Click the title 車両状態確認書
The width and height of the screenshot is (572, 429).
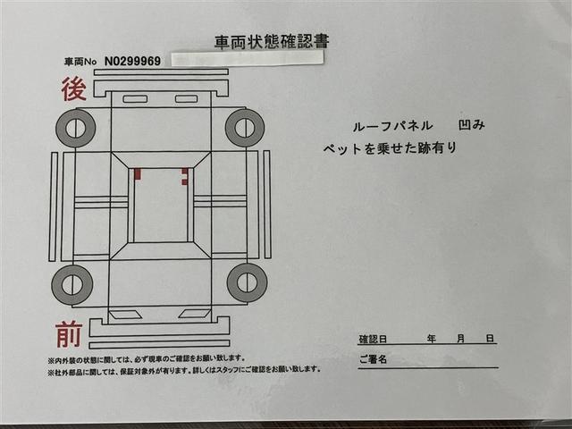270,42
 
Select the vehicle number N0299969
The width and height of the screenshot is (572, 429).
132,62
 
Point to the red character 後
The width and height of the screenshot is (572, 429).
72,88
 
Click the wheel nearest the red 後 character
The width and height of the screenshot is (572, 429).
75,128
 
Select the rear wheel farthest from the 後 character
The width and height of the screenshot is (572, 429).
245,128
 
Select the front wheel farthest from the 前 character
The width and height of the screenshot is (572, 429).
247,282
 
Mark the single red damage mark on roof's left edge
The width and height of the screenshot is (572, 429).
138,173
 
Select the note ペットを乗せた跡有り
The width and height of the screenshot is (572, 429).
390,148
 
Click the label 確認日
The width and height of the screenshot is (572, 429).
372,340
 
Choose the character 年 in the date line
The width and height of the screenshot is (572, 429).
431,340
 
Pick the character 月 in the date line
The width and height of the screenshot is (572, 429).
460,340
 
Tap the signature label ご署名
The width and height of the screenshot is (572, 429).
372,360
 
